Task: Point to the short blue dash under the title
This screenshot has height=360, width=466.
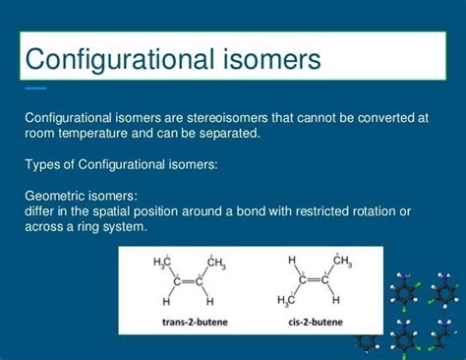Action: coord(35,89)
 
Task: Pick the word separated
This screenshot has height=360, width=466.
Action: coord(233,133)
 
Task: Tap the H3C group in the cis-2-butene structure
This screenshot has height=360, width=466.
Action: coord(288,300)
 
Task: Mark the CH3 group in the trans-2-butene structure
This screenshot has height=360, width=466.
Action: coord(215,263)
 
